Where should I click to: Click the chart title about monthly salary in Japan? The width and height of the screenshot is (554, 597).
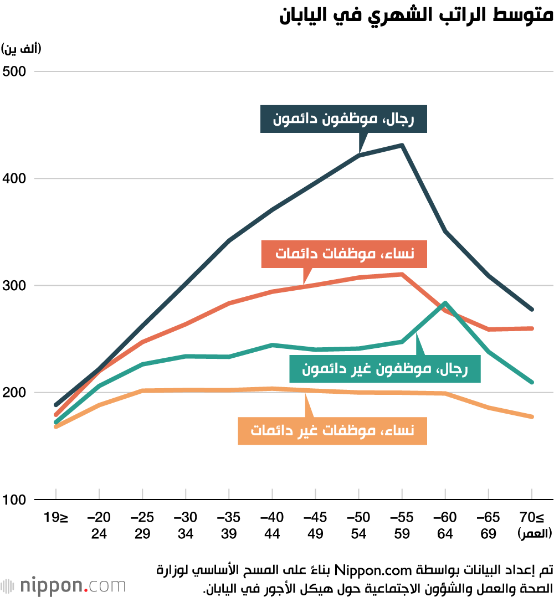[416, 15]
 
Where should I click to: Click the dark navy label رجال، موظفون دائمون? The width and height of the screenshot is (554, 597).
[343, 119]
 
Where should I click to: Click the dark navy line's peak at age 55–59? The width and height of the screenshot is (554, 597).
[402, 146]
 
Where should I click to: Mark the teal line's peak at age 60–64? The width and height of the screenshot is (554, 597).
[445, 303]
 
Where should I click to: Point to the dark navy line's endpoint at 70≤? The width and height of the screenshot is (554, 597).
[531, 309]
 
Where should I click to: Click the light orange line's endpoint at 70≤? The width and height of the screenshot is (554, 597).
[531, 416]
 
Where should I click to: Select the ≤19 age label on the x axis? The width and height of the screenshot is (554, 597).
[56, 518]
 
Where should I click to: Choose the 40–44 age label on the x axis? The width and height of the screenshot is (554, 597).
[272, 526]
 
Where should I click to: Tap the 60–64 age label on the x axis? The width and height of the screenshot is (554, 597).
[445, 526]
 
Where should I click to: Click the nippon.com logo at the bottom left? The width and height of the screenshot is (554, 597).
[63, 585]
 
